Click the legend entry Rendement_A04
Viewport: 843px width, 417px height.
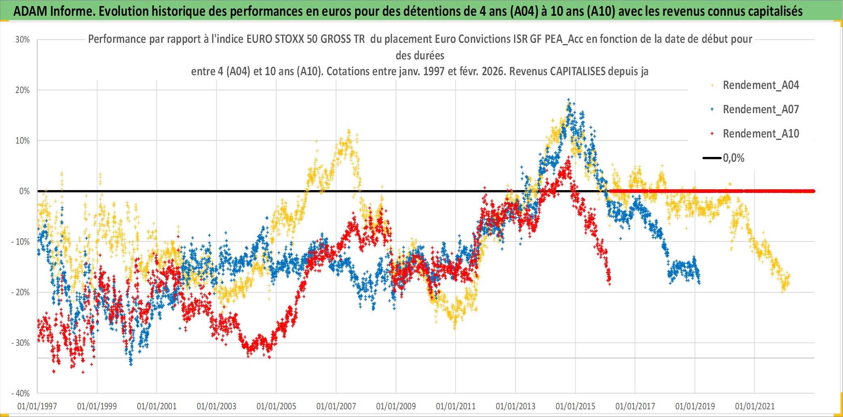[x=761, y=85]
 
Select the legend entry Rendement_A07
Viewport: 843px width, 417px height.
[x=761, y=110]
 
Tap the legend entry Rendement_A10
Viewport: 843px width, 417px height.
[x=761, y=134]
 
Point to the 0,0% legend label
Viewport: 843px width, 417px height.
[x=733, y=158]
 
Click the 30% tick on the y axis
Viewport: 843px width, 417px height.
[x=23, y=40]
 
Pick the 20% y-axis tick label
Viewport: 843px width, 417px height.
[x=23, y=90]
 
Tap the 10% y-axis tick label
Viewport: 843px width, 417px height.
[x=23, y=141]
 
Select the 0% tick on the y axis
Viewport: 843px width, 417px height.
[x=24, y=191]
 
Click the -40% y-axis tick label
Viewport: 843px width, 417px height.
[x=21, y=394]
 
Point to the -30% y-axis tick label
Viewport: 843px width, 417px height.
[x=21, y=343]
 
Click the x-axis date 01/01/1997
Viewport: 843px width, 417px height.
[x=37, y=406]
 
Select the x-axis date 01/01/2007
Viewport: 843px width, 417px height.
[x=336, y=406]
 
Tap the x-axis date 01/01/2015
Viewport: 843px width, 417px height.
[x=575, y=406]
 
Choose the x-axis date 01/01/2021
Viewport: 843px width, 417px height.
[x=755, y=406]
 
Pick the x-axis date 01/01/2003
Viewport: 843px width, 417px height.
[x=217, y=406]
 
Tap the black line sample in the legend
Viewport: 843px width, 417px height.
[x=712, y=158]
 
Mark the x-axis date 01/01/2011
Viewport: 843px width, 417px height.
[x=456, y=406]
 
